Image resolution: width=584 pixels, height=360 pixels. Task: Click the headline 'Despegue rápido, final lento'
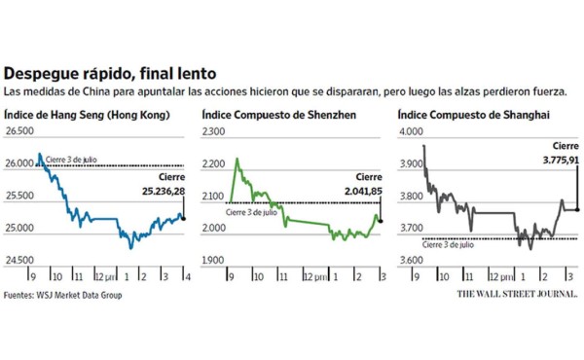point(110,73)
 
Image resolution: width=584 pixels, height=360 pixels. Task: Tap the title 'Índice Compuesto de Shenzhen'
point(277,115)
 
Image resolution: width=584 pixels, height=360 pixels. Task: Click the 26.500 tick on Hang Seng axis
point(20,131)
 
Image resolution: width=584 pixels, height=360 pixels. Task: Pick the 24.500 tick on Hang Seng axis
point(20,261)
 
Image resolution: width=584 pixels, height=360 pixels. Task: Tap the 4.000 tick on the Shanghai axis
point(412,131)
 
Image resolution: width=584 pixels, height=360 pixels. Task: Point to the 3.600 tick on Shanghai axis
point(412,261)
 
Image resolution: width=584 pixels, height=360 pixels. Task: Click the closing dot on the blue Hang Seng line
point(184,218)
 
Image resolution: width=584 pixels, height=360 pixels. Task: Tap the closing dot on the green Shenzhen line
point(381,220)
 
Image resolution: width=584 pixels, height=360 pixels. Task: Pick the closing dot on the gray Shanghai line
point(578,208)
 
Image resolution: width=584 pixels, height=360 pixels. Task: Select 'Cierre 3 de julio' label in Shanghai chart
point(449,246)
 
